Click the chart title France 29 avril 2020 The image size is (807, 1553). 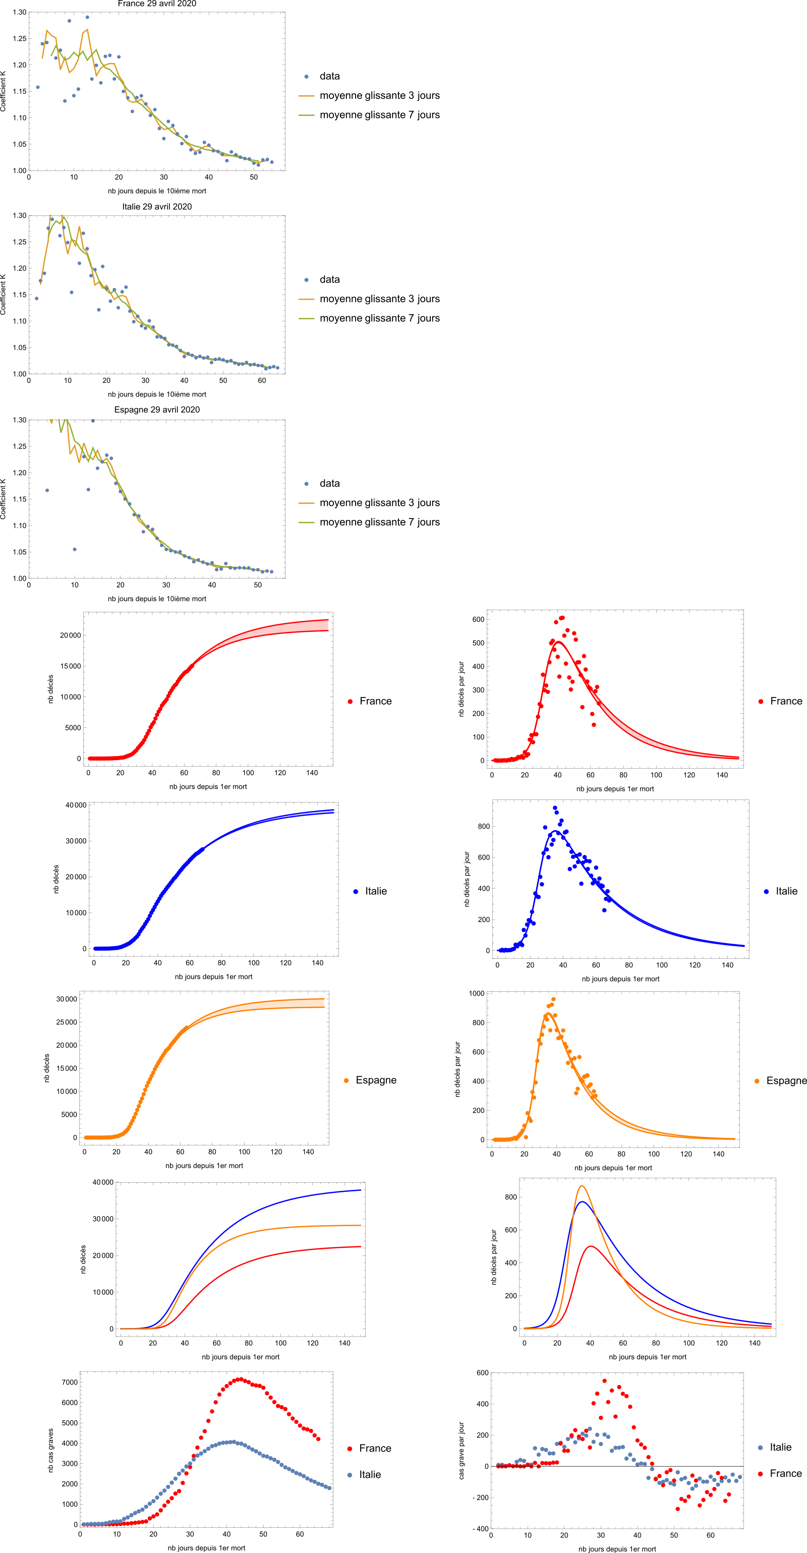tap(157, 4)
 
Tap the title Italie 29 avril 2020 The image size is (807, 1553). tap(157, 206)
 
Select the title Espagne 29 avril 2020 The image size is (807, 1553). tap(157, 410)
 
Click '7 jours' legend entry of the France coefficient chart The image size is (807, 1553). tap(379, 114)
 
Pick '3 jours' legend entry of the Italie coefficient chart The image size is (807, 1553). tap(379, 299)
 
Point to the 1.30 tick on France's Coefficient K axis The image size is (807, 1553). tap(19, 12)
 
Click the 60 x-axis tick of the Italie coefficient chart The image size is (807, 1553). tap(262, 380)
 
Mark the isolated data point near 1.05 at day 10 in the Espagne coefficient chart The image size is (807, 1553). tap(75, 549)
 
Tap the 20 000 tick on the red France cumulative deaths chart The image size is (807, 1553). tap(70, 635)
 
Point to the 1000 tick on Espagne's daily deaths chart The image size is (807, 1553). tap(476, 993)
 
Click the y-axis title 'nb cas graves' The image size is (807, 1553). tap(50, 1451)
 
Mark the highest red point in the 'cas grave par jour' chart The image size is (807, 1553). tap(605, 1381)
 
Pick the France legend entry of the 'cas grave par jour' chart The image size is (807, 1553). tap(785, 1473)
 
